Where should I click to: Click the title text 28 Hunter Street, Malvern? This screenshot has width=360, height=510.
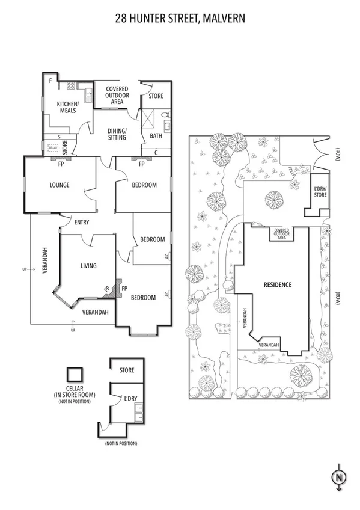(180, 19)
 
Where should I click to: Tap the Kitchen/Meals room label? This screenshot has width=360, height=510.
(67, 107)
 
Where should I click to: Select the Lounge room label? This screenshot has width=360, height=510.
(59, 185)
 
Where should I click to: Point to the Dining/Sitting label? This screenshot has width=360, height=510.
(117, 134)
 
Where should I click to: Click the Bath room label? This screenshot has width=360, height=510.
(156, 137)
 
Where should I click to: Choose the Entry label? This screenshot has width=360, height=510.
(82, 223)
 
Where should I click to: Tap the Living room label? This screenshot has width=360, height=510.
(88, 265)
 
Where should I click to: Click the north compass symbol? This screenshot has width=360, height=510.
(339, 478)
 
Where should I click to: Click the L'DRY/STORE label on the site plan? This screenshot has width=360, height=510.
(320, 192)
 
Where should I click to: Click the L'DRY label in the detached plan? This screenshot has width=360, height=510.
(127, 399)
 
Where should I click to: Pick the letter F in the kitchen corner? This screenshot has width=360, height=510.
(50, 81)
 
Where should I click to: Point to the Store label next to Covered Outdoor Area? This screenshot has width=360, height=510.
(156, 96)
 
